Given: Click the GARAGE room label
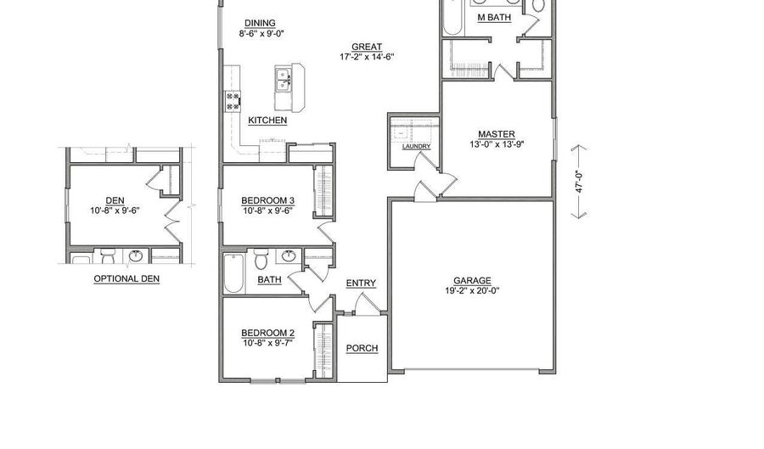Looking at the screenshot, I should pos(472,281).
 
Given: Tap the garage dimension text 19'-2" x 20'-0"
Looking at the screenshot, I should pos(472,291).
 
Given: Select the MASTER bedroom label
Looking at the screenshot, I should pos(496,134).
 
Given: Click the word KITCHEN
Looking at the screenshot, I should pos(267,121).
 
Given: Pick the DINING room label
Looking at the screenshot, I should pos(259,24).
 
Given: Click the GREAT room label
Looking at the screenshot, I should pos(367,48).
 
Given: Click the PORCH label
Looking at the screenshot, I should pos(362,348).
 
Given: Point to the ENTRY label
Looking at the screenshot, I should pos(361,283).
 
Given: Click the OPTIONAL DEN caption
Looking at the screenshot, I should pos(126,278).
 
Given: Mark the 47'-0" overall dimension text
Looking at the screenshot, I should pos(581,183).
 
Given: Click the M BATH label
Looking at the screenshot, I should pos(493,17).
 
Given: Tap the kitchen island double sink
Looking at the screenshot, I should pos(284,81).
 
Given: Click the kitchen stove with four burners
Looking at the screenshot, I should pos(233,102).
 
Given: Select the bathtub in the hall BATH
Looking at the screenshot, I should pos(233,272).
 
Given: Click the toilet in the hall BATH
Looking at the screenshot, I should pos(261,255).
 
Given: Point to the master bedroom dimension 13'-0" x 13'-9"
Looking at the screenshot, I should pos(496,144).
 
